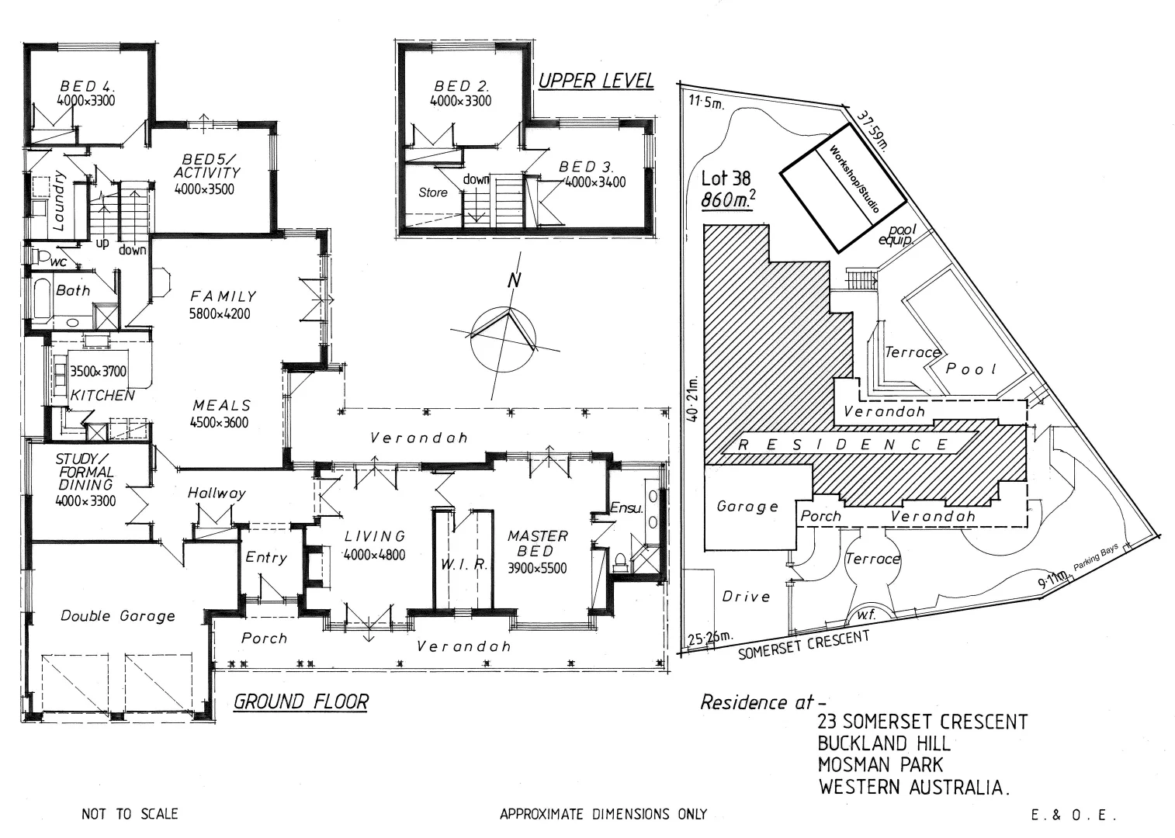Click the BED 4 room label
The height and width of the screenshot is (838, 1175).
pyautogui.click(x=87, y=85)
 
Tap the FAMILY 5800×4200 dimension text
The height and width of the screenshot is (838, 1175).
pyautogui.click(x=220, y=313)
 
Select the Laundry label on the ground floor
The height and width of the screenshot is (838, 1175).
pyautogui.click(x=58, y=201)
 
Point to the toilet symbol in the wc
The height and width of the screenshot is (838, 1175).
pyautogui.click(x=40, y=257)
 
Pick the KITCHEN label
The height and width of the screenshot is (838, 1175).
pyautogui.click(x=102, y=396)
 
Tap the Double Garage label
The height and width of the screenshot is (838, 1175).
pyautogui.click(x=117, y=616)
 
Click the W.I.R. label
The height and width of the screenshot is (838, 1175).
pyautogui.click(x=464, y=564)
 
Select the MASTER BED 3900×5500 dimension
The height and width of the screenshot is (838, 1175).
pyautogui.click(x=536, y=569)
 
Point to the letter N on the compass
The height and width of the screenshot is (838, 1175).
pyautogui.click(x=514, y=281)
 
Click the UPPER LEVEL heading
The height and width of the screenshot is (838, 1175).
pyautogui.click(x=596, y=81)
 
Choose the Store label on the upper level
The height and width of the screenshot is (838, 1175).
pyautogui.click(x=433, y=192)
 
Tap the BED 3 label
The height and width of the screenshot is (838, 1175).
pyautogui.click(x=585, y=167)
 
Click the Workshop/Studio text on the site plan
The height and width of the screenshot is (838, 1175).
pyautogui.click(x=854, y=179)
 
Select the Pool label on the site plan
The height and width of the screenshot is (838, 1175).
pyautogui.click(x=971, y=369)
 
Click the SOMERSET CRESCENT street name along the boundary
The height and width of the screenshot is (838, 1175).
pyautogui.click(x=803, y=645)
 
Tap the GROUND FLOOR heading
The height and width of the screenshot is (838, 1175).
pyautogui.click(x=301, y=701)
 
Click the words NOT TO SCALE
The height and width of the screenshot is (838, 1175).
pyautogui.click(x=130, y=814)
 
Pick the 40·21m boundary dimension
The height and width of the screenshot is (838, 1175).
pyautogui.click(x=694, y=399)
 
